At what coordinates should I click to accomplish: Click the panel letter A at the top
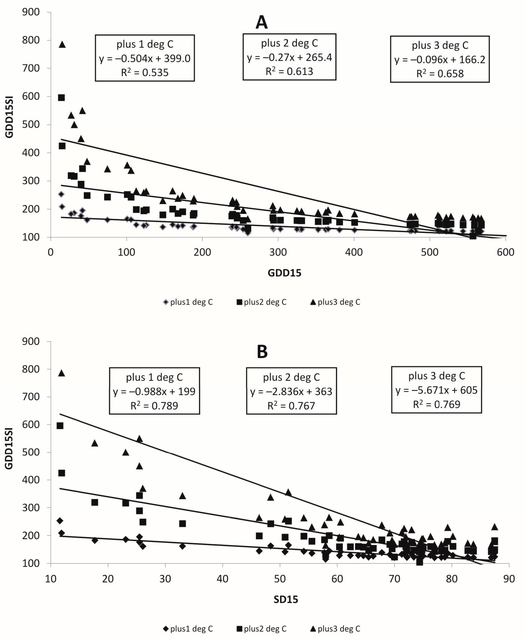262,22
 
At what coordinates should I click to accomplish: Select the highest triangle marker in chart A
62,45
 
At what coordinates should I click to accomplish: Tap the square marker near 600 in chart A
61,98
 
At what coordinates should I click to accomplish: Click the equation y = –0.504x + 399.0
145,58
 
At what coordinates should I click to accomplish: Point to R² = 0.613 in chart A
289,71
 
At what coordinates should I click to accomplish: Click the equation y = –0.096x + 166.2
440,60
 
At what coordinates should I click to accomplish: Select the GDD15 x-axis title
284,273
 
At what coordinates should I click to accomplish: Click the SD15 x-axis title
286,599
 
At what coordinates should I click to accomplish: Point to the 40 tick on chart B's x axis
223,579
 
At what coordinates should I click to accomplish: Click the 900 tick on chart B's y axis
31,341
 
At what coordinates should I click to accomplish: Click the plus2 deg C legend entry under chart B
262,629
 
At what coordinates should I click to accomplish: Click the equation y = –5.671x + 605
436,390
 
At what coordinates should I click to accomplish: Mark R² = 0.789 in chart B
154,405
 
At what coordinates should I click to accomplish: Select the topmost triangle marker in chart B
62,373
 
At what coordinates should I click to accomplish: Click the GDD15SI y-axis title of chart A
9,124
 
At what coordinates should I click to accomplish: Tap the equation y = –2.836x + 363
291,391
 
